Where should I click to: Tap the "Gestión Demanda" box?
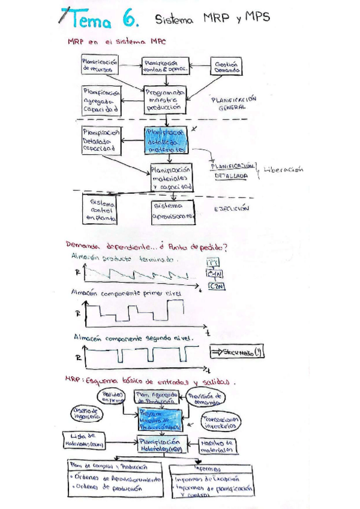coord(227,66)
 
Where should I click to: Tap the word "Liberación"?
coord(283,169)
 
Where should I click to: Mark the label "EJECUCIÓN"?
coord(232,209)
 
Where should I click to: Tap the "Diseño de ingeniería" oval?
coord(83,414)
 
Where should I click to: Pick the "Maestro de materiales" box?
coord(214,445)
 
